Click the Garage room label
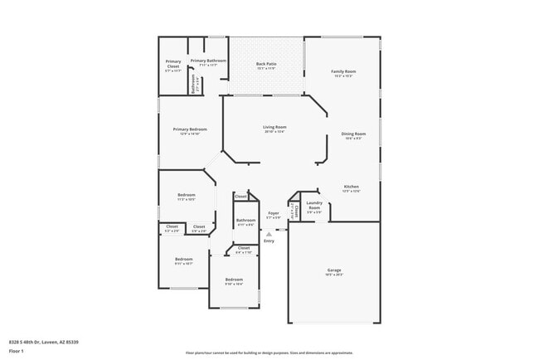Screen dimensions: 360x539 pos(334,271)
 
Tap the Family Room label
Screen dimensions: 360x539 pos(342,72)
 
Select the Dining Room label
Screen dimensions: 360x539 pos(354,134)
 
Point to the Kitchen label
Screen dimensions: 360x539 pos(352,187)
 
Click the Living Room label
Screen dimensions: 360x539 pos(274,128)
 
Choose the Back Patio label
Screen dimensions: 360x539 pos(266,64)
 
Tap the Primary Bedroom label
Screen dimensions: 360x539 pos(190,130)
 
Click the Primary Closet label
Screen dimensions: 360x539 pos(173,63)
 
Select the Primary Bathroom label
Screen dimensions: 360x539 pos(208,61)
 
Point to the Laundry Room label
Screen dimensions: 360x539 pos(314,204)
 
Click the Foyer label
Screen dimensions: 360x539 pos(274,213)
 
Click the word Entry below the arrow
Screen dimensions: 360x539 pos(269,241)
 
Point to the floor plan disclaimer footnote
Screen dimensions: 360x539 pos(269,352)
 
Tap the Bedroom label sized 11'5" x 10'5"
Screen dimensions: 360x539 pos(186,197)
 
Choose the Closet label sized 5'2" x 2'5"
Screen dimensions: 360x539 pos(172,227)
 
